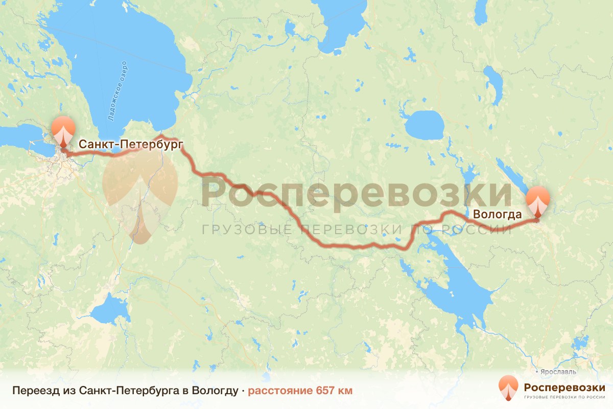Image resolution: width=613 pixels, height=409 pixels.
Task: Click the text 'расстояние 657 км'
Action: (x=300, y=391)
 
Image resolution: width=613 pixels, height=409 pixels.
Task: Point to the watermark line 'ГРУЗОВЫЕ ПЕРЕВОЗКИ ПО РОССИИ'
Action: (x=356, y=230)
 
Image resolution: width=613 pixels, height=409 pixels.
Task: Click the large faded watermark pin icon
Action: (x=139, y=197)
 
